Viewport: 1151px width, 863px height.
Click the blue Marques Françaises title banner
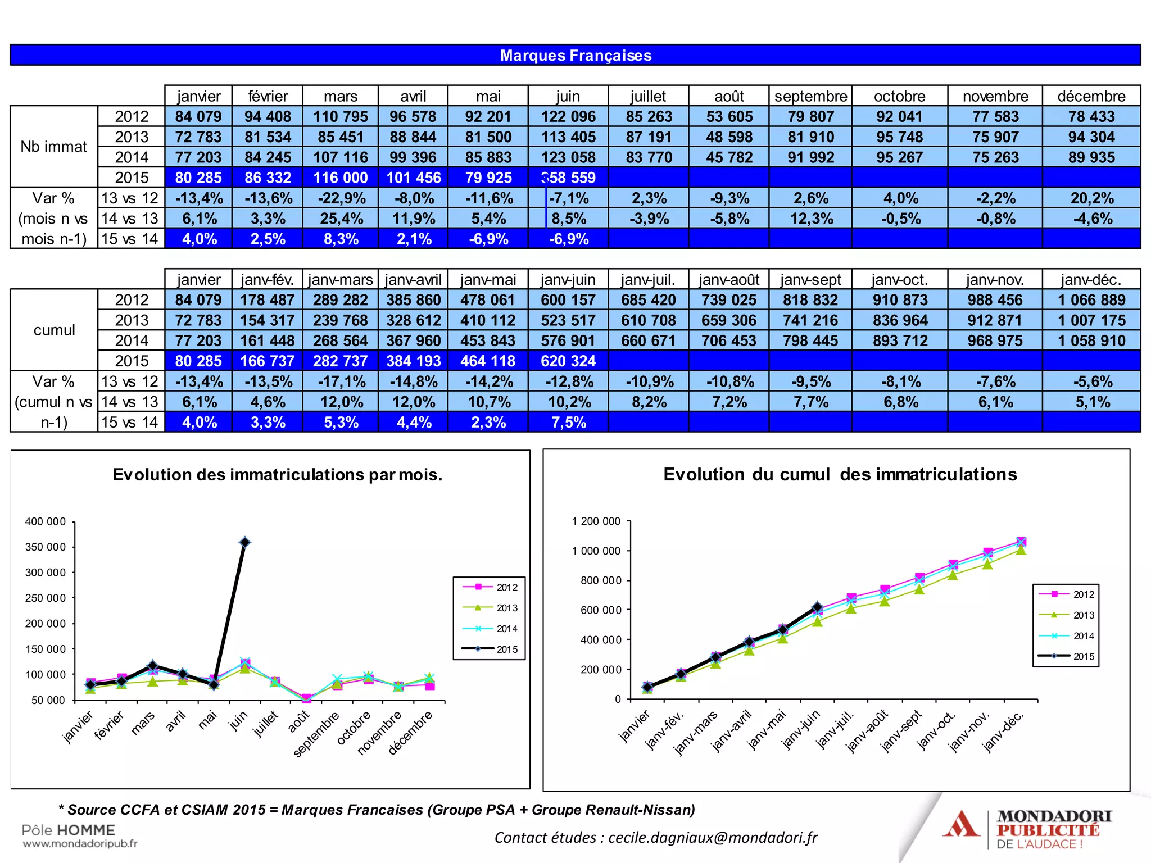tap(575, 55)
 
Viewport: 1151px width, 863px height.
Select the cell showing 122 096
tap(568, 117)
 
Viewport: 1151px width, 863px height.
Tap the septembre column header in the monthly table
tap(810, 96)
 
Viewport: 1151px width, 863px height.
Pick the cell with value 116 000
tap(340, 178)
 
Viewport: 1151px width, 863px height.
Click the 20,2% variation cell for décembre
tap(1091, 198)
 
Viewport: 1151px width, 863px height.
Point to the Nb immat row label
tap(54, 147)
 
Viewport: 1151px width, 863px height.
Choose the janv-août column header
tap(728, 280)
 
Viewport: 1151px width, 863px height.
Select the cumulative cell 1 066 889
tap(1091, 300)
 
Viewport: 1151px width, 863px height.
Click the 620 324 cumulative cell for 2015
tap(568, 361)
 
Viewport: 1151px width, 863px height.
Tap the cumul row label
tap(54, 330)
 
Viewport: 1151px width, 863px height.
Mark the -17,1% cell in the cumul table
tap(340, 382)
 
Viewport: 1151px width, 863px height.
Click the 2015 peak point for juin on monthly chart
tap(245, 542)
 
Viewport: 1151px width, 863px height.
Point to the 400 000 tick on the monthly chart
tap(46, 521)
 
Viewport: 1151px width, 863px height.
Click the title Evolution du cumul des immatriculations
tap(840, 474)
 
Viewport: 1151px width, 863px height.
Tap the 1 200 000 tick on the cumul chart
tap(596, 521)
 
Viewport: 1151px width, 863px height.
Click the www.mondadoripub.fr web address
tap(80, 843)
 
